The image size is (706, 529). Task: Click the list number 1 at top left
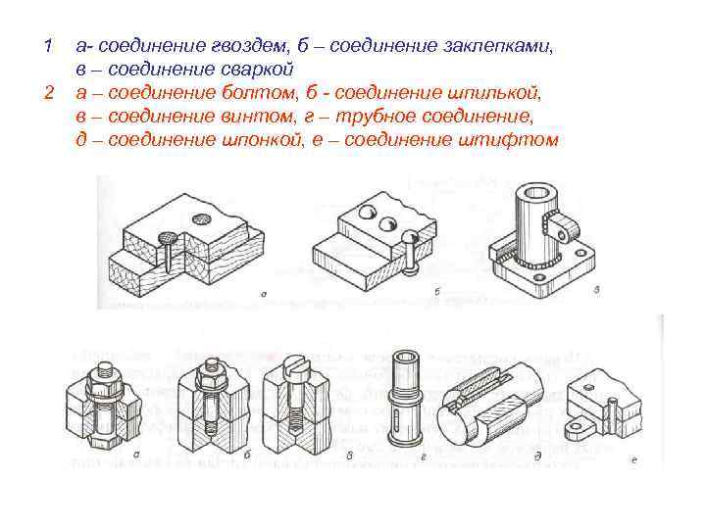47,47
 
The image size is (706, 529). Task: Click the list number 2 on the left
47,92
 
